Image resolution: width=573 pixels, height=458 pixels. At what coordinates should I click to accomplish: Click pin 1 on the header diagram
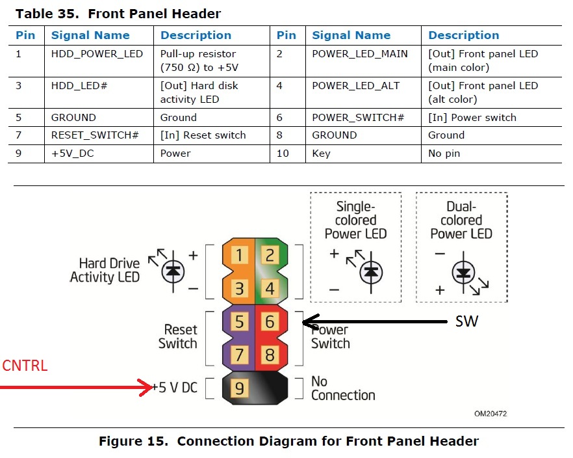(x=239, y=254)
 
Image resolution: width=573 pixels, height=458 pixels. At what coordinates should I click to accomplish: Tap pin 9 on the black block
(x=239, y=388)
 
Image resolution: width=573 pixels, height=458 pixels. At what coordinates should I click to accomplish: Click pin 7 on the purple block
(x=239, y=355)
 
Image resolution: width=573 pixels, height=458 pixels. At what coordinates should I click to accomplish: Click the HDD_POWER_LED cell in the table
(x=97, y=53)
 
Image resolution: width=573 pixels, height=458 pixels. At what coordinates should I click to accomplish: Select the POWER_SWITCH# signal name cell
(x=358, y=118)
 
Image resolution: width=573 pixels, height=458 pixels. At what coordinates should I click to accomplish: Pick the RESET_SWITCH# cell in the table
(x=95, y=135)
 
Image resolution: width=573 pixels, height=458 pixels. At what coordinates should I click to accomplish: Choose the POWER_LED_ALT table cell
(x=355, y=85)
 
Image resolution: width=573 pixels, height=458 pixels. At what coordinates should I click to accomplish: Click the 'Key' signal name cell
(x=321, y=154)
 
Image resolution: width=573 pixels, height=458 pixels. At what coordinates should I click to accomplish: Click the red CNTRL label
(x=25, y=366)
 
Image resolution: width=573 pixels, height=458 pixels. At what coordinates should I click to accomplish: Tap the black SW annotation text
(x=466, y=321)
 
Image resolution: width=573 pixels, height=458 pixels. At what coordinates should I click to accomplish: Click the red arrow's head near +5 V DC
(x=148, y=388)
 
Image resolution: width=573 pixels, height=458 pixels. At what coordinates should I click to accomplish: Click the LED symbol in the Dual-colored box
(x=463, y=273)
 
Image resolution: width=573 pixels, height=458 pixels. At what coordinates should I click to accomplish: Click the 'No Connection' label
(x=343, y=388)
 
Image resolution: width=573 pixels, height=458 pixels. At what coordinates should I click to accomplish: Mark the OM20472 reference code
(x=490, y=413)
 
